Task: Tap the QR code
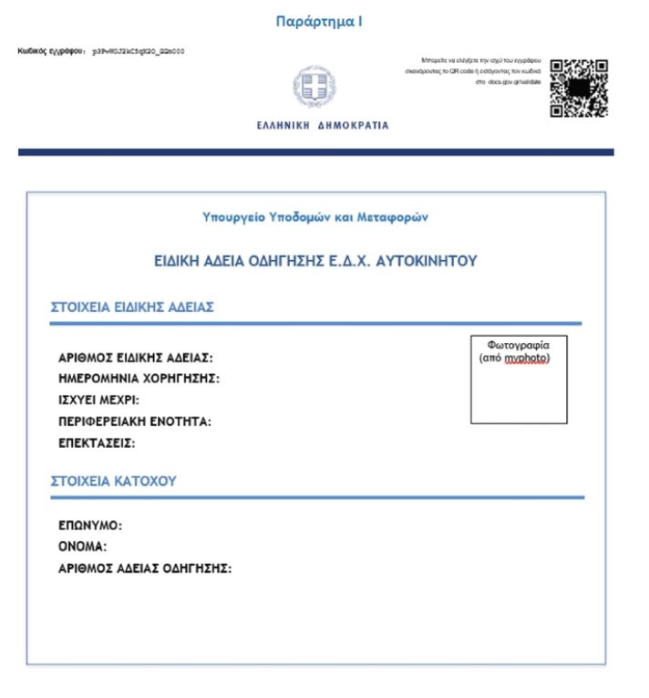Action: [x=579, y=89]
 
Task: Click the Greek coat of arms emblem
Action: [x=321, y=89]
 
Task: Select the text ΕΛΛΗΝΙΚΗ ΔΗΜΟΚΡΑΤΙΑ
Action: [x=323, y=126]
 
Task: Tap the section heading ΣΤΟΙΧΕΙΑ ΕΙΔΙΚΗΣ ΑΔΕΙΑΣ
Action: [x=131, y=307]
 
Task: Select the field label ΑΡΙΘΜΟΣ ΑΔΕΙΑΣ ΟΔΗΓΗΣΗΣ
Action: [x=145, y=569]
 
